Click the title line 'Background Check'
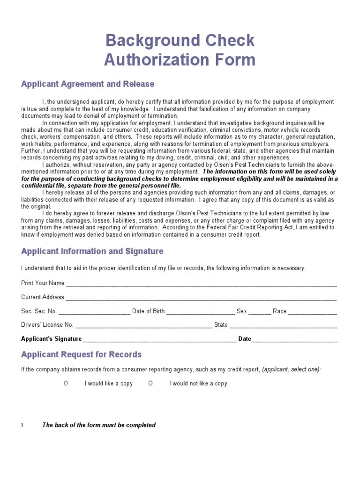pyautogui.click(x=180, y=41)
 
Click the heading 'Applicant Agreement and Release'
pyautogui.click(x=88, y=84)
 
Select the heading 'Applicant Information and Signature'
pyautogui.click(x=92, y=251)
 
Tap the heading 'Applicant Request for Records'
pyautogui.click(x=81, y=354)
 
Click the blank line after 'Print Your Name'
pyautogui.click(x=201, y=284)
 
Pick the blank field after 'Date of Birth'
pyautogui.click(x=201, y=312)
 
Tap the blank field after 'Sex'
pyautogui.click(x=260, y=312)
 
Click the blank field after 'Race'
pyautogui.click(x=312, y=312)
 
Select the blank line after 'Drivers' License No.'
pyautogui.click(x=143, y=325)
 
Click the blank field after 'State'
pyautogui.click(x=283, y=325)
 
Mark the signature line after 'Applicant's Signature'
pyautogui.click(x=160, y=339)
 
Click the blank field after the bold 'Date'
pyautogui.click(x=295, y=339)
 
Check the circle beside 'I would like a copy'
pyautogui.click(x=66, y=383)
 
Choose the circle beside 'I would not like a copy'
pyautogui.click(x=150, y=383)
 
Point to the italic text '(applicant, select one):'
pyautogui.click(x=292, y=369)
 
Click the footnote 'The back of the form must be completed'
pyautogui.click(x=99, y=425)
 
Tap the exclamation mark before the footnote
pyautogui.click(x=22, y=426)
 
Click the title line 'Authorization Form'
pyautogui.click(x=180, y=60)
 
